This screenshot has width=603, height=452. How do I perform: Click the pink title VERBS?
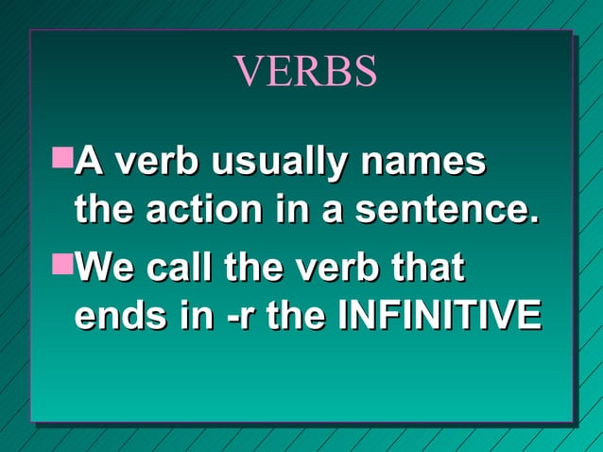(x=304, y=72)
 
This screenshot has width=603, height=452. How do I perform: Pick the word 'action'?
(x=197, y=209)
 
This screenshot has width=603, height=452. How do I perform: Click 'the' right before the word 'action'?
(x=103, y=209)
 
